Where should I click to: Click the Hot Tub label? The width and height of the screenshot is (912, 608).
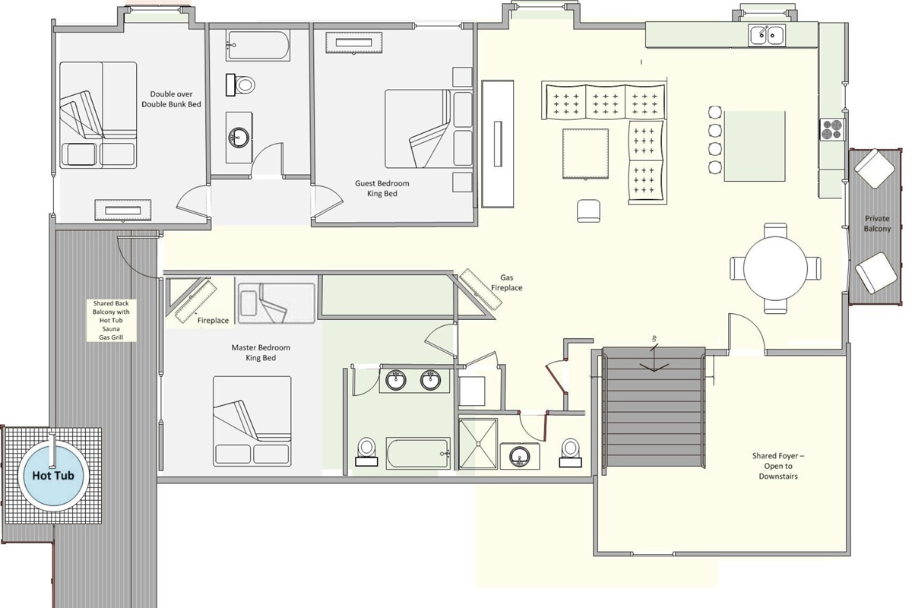click(x=52, y=476)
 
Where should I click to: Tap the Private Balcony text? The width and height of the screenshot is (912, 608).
click(x=876, y=223)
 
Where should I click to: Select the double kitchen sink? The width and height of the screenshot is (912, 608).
click(x=767, y=35)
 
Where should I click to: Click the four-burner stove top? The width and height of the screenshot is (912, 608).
click(x=831, y=128)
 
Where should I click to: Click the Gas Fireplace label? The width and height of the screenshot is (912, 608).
click(x=511, y=283)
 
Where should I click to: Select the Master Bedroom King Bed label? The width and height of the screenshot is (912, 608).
click(x=261, y=353)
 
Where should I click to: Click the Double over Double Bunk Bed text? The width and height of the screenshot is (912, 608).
click(x=171, y=99)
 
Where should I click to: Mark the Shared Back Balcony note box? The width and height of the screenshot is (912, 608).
click(x=111, y=319)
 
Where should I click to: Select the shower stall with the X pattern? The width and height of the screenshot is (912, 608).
click(x=478, y=444)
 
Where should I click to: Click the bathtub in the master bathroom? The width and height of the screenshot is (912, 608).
click(x=417, y=454)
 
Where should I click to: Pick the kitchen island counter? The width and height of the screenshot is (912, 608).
click(x=754, y=146)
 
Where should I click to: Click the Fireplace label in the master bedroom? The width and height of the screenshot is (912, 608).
click(x=213, y=321)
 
